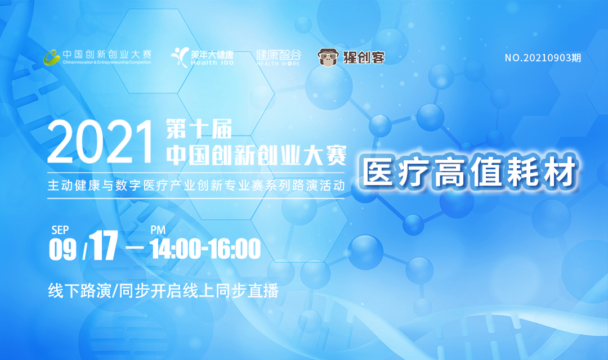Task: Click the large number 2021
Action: click(100, 142)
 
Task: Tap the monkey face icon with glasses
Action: click(328, 57)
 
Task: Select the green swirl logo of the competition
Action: click(52, 57)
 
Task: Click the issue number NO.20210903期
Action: click(543, 58)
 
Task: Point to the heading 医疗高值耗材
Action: click(470, 172)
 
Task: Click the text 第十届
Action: click(199, 129)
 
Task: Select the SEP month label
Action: click(60, 230)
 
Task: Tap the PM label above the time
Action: click(158, 230)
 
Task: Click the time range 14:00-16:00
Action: click(205, 249)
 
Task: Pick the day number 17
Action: click(104, 246)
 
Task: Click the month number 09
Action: click(62, 250)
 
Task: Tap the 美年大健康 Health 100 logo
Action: click(203, 57)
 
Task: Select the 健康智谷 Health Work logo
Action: click(279, 58)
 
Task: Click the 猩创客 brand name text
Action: click(364, 57)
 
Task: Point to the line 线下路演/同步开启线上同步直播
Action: click(163, 291)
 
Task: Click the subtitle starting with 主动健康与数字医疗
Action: click(196, 186)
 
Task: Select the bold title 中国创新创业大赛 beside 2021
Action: click(256, 156)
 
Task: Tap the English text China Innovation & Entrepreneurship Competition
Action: click(107, 62)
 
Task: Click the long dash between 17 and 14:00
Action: click(135, 247)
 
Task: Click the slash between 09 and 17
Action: click(86, 251)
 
